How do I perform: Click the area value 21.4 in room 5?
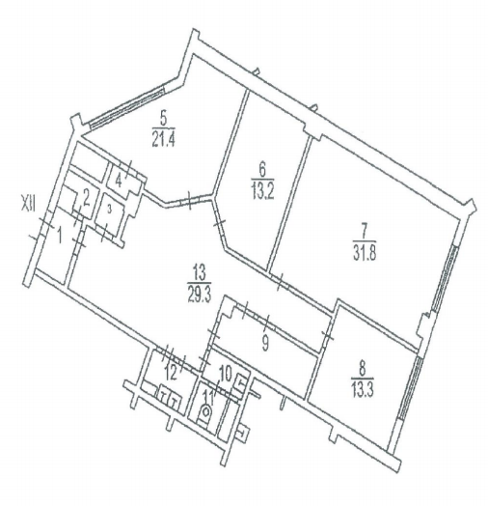coord(163,139)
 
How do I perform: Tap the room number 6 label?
coord(262,171)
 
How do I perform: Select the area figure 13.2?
coord(262,192)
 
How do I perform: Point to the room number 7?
coord(364,231)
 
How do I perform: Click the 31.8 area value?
coord(365,253)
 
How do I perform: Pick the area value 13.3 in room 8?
coord(363,390)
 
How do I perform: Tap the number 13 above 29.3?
coord(200,274)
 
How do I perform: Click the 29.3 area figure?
coord(200,295)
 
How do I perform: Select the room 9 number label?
coord(265,345)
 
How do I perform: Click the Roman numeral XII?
coord(28,205)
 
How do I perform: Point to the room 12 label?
coord(171,374)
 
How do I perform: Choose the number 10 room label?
coord(226,375)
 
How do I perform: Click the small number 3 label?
coord(110,210)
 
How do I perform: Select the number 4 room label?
coord(119,182)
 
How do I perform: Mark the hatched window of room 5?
coord(126,105)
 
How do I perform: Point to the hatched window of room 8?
coord(411,387)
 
